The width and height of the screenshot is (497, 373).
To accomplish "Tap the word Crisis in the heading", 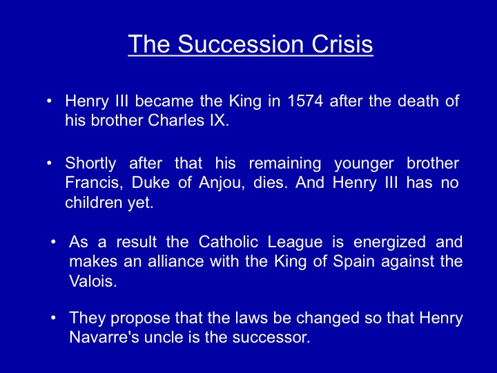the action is pos(342,44).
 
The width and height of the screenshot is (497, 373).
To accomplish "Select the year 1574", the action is pos(305,101).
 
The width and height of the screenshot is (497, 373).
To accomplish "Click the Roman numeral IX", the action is pos(219,120).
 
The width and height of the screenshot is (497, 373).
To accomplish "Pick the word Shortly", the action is pos(90,164).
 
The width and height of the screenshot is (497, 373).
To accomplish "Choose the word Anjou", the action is pos(222,183).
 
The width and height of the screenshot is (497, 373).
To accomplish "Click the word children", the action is pos(94,202).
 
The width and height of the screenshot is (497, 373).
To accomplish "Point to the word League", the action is pos(295,242).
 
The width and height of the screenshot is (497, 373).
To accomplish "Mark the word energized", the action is pos(389,242).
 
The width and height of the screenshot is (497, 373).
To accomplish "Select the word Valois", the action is pos(93,281).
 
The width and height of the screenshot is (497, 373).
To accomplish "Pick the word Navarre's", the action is pos(104,337).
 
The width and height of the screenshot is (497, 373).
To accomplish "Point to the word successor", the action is pos(271,337).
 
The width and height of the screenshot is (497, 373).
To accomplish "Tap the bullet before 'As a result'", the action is pos(53,242).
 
